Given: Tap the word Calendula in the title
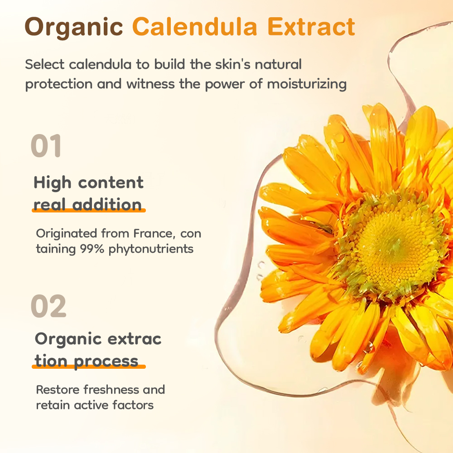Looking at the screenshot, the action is (x=195, y=27).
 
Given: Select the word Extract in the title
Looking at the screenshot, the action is (x=311, y=27).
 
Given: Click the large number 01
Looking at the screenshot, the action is (x=46, y=145).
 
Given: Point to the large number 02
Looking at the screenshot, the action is (x=48, y=306).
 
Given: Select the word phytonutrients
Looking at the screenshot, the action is (x=151, y=249).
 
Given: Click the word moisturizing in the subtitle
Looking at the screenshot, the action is (x=307, y=84).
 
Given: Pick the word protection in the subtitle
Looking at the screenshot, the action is (x=58, y=84).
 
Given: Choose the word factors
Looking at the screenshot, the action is (x=133, y=405).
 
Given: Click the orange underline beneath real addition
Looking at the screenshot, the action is (x=89, y=211).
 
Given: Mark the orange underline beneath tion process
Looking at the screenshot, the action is (x=89, y=366).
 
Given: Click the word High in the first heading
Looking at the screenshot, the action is (x=52, y=183).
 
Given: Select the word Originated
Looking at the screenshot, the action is (x=66, y=233).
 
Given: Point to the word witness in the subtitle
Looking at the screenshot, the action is (x=150, y=84).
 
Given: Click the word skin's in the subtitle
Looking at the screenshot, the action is (x=232, y=64).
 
